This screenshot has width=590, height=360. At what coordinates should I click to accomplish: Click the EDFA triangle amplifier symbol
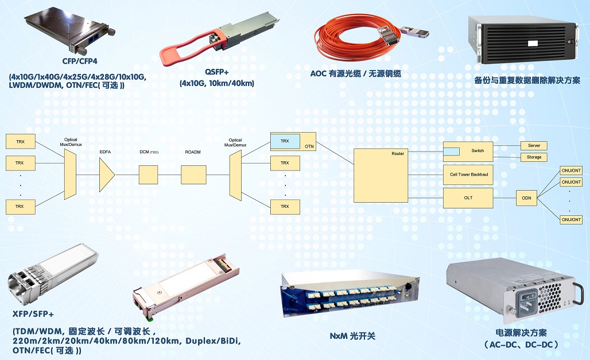(x=106, y=175)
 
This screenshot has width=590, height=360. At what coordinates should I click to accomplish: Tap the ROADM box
(x=193, y=175)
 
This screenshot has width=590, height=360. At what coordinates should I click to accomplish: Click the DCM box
(x=148, y=175)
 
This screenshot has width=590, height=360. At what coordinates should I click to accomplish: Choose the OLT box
(x=468, y=198)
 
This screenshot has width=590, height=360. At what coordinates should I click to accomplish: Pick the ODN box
(x=526, y=198)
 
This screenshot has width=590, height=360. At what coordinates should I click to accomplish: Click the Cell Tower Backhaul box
(x=468, y=175)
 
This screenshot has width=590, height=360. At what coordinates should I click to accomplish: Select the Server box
(x=534, y=146)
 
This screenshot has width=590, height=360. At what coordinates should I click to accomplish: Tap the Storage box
(x=534, y=157)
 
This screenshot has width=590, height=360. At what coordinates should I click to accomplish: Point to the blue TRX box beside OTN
(x=285, y=141)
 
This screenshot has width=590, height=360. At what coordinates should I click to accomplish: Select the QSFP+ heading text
(x=217, y=72)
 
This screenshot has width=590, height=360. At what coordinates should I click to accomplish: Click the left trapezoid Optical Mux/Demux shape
(x=70, y=175)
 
